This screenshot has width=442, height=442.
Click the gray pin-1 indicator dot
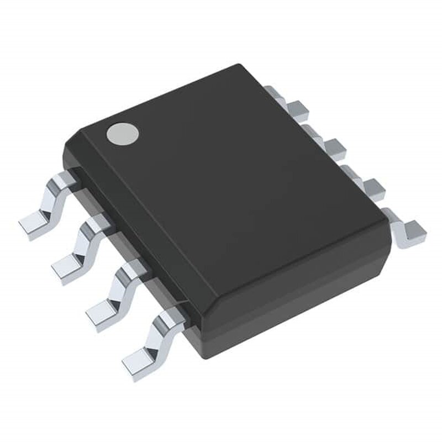coord(123,133)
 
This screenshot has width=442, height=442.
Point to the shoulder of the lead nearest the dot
coord(65,180)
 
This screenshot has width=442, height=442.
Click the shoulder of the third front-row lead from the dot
coord(133,270)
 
